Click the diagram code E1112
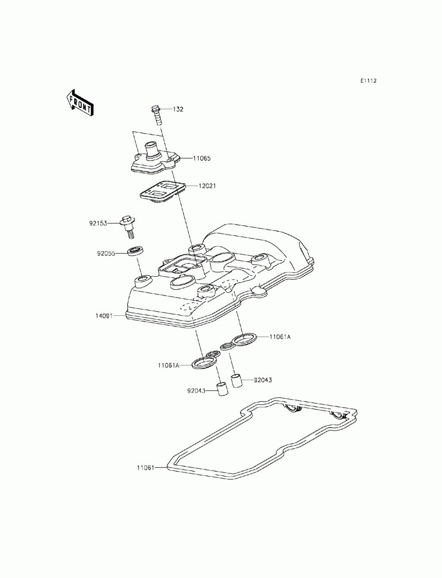368,81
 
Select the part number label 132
178,109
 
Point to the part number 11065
202,158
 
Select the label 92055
106,253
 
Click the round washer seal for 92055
136,252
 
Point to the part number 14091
104,316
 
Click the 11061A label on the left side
168,365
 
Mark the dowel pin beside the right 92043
238,380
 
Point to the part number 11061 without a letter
145,467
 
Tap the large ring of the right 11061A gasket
244,339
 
